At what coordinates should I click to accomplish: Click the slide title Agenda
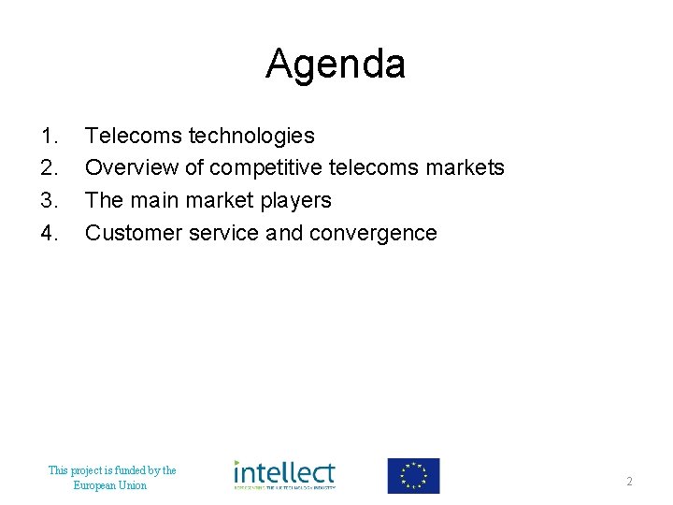coord(336,65)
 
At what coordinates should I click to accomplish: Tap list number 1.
coord(49,137)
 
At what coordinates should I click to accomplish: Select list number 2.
coord(49,168)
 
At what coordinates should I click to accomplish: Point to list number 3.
coord(49,200)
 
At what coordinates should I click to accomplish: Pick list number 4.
coord(49,233)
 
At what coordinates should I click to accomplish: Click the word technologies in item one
coord(251,137)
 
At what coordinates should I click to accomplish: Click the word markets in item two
coord(465,168)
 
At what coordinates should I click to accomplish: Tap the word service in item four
coord(222,233)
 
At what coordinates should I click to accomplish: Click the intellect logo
coord(284,475)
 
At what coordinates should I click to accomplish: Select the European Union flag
coord(413,475)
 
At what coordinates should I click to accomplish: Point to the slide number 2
coord(630,482)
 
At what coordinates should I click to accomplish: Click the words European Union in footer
coord(110,485)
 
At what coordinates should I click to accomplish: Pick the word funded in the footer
coord(124,470)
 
